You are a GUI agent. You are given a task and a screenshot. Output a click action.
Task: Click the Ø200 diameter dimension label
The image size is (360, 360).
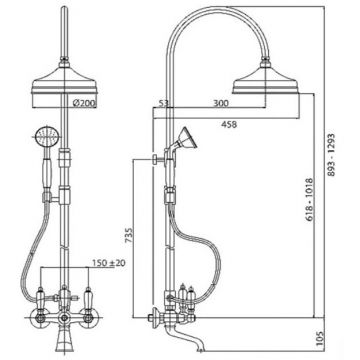84,103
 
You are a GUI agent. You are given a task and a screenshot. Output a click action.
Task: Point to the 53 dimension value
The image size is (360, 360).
162,103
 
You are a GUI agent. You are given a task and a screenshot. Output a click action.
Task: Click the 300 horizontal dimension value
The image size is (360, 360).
221,103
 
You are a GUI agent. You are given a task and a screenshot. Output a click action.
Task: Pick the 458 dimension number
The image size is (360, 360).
229,124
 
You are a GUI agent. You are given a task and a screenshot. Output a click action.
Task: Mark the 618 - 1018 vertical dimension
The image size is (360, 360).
308,200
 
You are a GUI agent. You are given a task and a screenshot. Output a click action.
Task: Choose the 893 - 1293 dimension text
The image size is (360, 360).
330,155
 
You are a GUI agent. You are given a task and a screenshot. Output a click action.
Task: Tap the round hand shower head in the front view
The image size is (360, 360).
47,136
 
